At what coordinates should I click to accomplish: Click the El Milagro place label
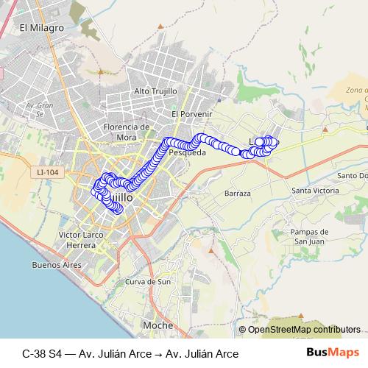pos(43,27)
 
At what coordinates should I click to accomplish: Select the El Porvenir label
pos(191,114)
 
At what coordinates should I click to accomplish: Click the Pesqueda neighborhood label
pos(187,153)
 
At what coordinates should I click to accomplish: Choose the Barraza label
pos(237,193)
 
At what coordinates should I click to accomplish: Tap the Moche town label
pos(158,325)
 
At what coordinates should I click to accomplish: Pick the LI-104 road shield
pos(46,172)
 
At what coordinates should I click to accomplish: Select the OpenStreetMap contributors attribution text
pos(304,329)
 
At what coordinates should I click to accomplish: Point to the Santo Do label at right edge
pos(352,176)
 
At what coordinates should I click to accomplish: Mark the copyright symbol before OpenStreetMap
pos(242,329)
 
